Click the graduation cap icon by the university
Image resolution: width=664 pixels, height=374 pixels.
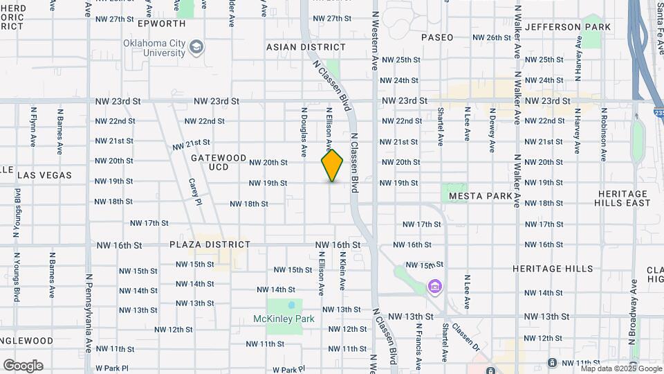pos(197,47)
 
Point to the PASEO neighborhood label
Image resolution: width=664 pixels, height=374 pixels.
pos(437,37)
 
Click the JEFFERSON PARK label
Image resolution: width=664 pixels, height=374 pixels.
pos(568,27)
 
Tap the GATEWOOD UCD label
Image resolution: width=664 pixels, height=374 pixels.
pos(219,162)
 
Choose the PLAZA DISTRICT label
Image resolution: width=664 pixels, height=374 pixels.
pos(210,244)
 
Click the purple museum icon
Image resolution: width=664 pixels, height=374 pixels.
pos(434,286)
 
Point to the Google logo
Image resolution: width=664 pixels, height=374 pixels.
pos(23,366)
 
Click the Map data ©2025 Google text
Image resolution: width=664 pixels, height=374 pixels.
pos(621,368)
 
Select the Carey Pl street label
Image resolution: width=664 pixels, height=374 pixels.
pos(194,193)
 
